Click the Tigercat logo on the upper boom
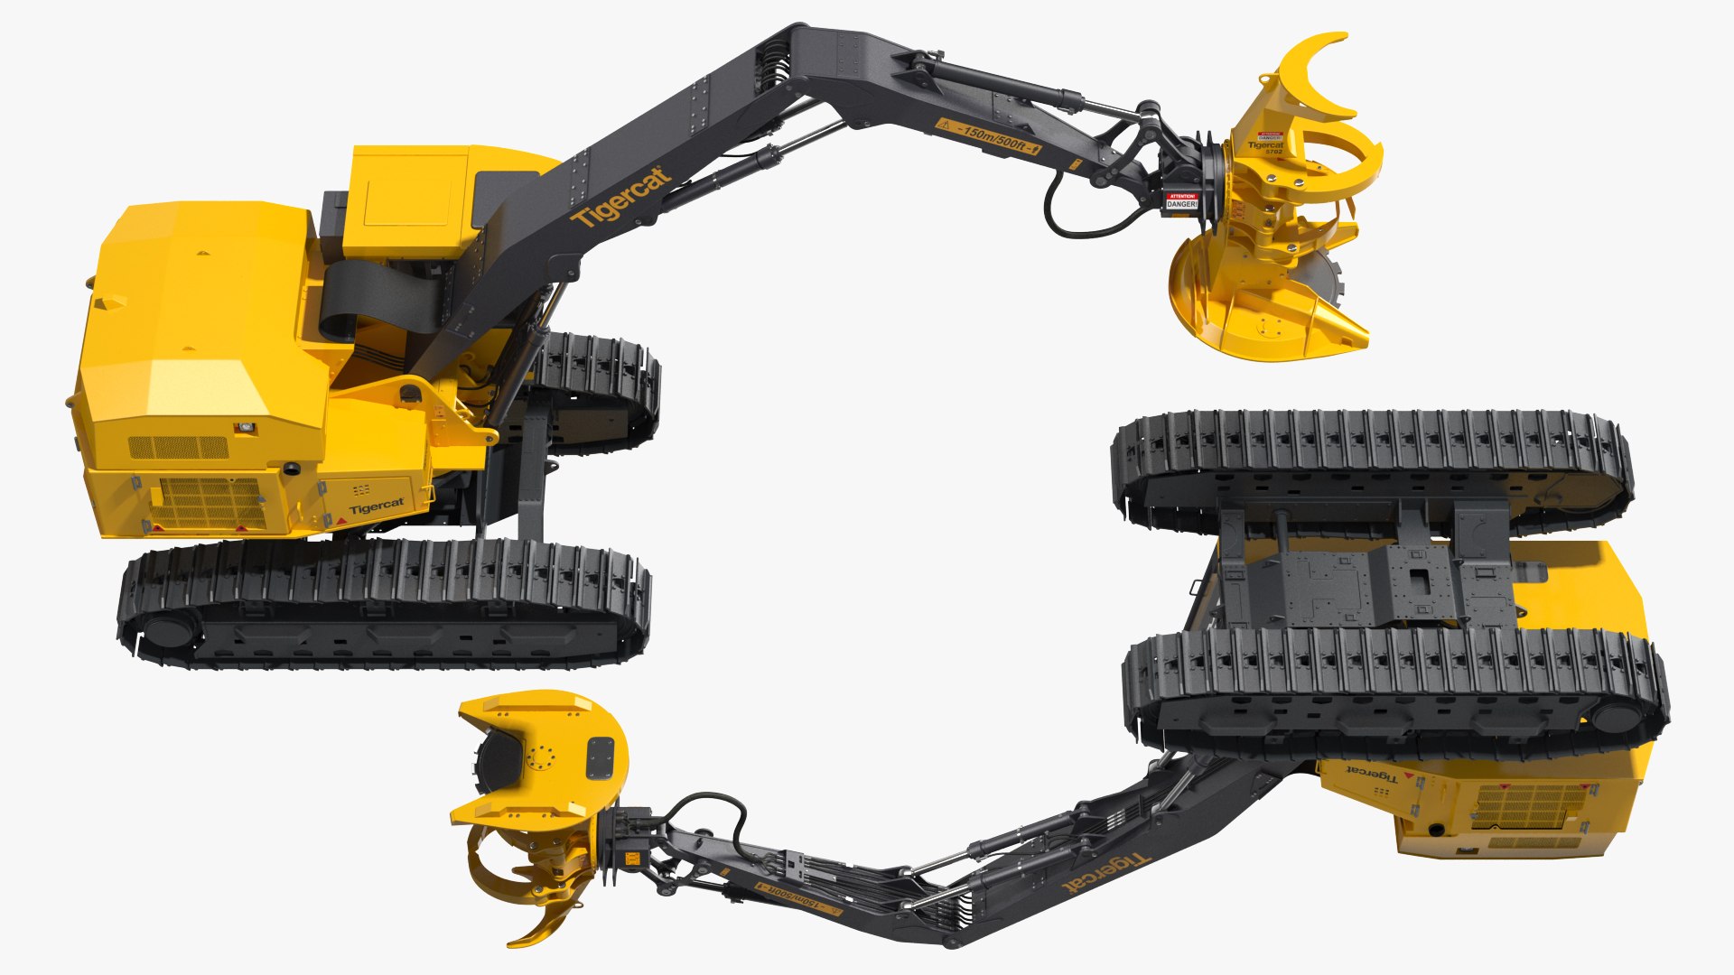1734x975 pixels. click(621, 199)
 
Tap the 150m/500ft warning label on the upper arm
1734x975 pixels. click(988, 136)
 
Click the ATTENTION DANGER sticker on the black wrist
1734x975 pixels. click(1181, 201)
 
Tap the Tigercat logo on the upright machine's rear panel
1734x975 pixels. click(377, 506)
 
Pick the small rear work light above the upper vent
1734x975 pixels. click(243, 427)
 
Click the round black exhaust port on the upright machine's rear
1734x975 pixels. click(292, 469)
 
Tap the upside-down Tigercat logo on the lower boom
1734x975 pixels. click(1105, 872)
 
